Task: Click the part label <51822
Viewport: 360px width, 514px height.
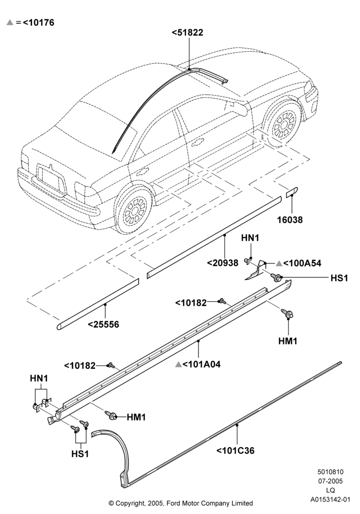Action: click(x=187, y=32)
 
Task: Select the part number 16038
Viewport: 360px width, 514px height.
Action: click(x=290, y=219)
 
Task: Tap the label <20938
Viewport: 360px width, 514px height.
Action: click(x=223, y=263)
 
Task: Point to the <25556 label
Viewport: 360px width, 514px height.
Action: click(x=103, y=324)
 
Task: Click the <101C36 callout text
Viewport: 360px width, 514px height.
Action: click(x=235, y=451)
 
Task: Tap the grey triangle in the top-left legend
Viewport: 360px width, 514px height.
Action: click(x=10, y=22)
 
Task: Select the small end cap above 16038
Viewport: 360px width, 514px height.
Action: click(x=292, y=192)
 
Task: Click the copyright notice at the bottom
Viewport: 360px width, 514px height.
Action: click(x=181, y=503)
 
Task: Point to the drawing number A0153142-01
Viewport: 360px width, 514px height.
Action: click(x=331, y=500)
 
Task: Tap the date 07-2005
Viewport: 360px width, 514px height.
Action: click(x=331, y=481)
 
